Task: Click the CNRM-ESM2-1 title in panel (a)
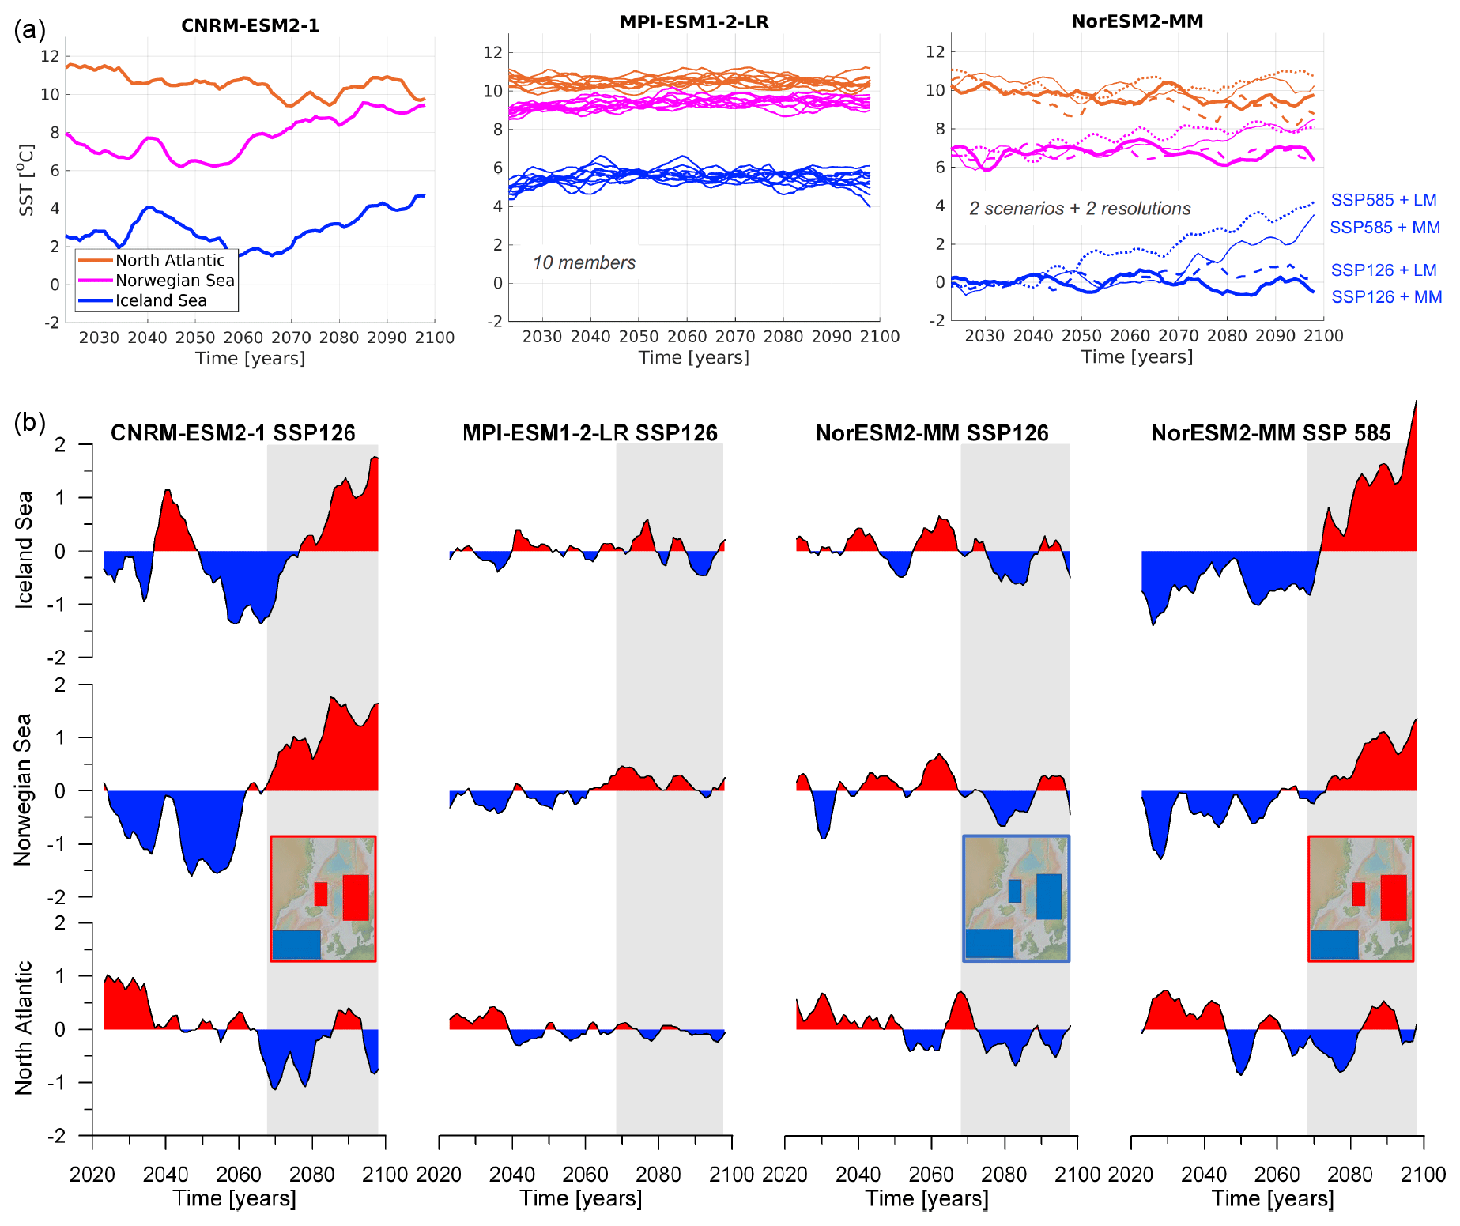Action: click(250, 25)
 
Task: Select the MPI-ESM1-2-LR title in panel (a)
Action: click(694, 22)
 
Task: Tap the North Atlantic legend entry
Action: click(170, 260)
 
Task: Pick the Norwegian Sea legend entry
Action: click(175, 281)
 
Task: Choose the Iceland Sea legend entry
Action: click(161, 300)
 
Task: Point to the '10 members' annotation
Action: click(584, 262)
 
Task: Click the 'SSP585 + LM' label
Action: click(1383, 200)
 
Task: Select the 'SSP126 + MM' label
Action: click(1386, 296)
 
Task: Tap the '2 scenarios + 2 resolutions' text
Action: click(1080, 209)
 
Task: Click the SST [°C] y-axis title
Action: click(27, 179)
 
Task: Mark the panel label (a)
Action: click(29, 30)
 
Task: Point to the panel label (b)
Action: click(29, 422)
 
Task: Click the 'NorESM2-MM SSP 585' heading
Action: click(1270, 433)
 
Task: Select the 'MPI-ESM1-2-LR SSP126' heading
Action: click(590, 433)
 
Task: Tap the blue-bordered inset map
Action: click(1016, 898)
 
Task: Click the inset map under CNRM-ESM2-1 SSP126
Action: click(323, 898)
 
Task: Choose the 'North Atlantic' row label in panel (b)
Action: click(24, 1028)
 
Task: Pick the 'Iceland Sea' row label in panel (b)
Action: click(24, 550)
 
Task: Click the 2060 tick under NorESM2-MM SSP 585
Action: click(1277, 1174)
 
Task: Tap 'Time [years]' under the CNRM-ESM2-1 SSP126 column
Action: click(234, 1198)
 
